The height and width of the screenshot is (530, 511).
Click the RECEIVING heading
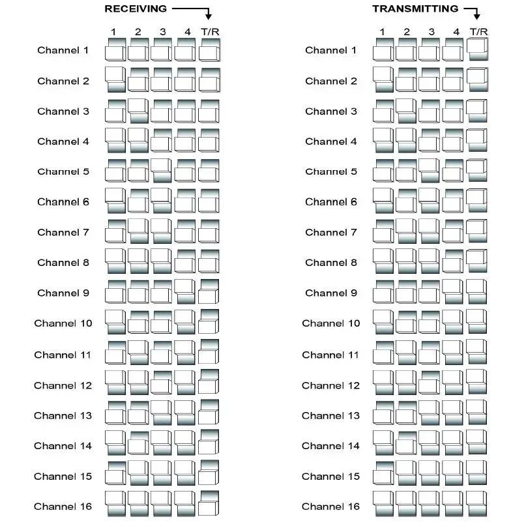136,8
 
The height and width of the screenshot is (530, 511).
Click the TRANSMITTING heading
415,8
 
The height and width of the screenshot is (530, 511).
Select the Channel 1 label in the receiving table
63,50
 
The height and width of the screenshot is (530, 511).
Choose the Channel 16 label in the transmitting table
330,507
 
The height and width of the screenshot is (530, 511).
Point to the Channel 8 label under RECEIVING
63,263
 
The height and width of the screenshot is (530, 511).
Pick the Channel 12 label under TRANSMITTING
330,385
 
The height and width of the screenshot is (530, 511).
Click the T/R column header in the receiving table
210,32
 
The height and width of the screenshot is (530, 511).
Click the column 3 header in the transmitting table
431,32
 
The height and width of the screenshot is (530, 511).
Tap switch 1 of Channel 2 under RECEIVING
115,80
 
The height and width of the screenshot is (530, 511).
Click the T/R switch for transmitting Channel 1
477,50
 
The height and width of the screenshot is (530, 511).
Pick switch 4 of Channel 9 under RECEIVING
185,292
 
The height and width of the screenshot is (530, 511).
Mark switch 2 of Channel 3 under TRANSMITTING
405,110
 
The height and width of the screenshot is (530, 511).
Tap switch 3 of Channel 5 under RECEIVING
161,171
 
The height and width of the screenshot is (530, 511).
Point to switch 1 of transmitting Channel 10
383,323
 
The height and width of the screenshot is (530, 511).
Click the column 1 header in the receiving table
114,32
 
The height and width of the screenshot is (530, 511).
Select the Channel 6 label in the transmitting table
330,202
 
